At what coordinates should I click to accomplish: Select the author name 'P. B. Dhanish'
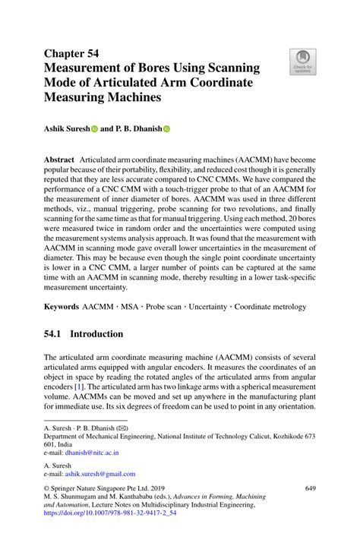pos(136,129)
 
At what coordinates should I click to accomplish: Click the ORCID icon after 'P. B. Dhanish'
pos(166,129)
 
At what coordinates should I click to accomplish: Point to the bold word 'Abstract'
pos(58,162)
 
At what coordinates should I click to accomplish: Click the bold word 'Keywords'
pos(62,307)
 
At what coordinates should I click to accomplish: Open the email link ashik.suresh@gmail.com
pos(99,474)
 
